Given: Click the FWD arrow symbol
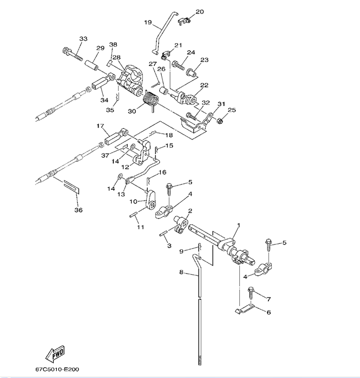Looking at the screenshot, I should (x=56, y=355).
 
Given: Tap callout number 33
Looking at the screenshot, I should (x=83, y=39).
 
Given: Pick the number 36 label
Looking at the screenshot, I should (x=78, y=210).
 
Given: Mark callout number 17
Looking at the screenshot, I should (x=100, y=127).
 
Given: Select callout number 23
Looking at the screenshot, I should (x=204, y=60).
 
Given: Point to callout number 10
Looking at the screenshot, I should (x=132, y=201).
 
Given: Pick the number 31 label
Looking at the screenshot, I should (x=220, y=104).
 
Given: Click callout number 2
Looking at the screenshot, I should (x=190, y=211).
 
